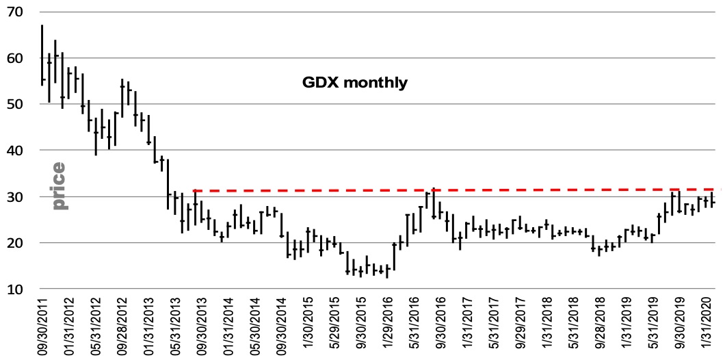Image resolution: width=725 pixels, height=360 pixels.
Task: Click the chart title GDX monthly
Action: [355, 83]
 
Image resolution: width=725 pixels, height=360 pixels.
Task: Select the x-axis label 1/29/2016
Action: [388, 326]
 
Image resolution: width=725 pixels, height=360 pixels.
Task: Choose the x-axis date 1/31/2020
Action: [708, 326]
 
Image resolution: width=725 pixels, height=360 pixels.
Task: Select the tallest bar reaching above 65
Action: [42, 55]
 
